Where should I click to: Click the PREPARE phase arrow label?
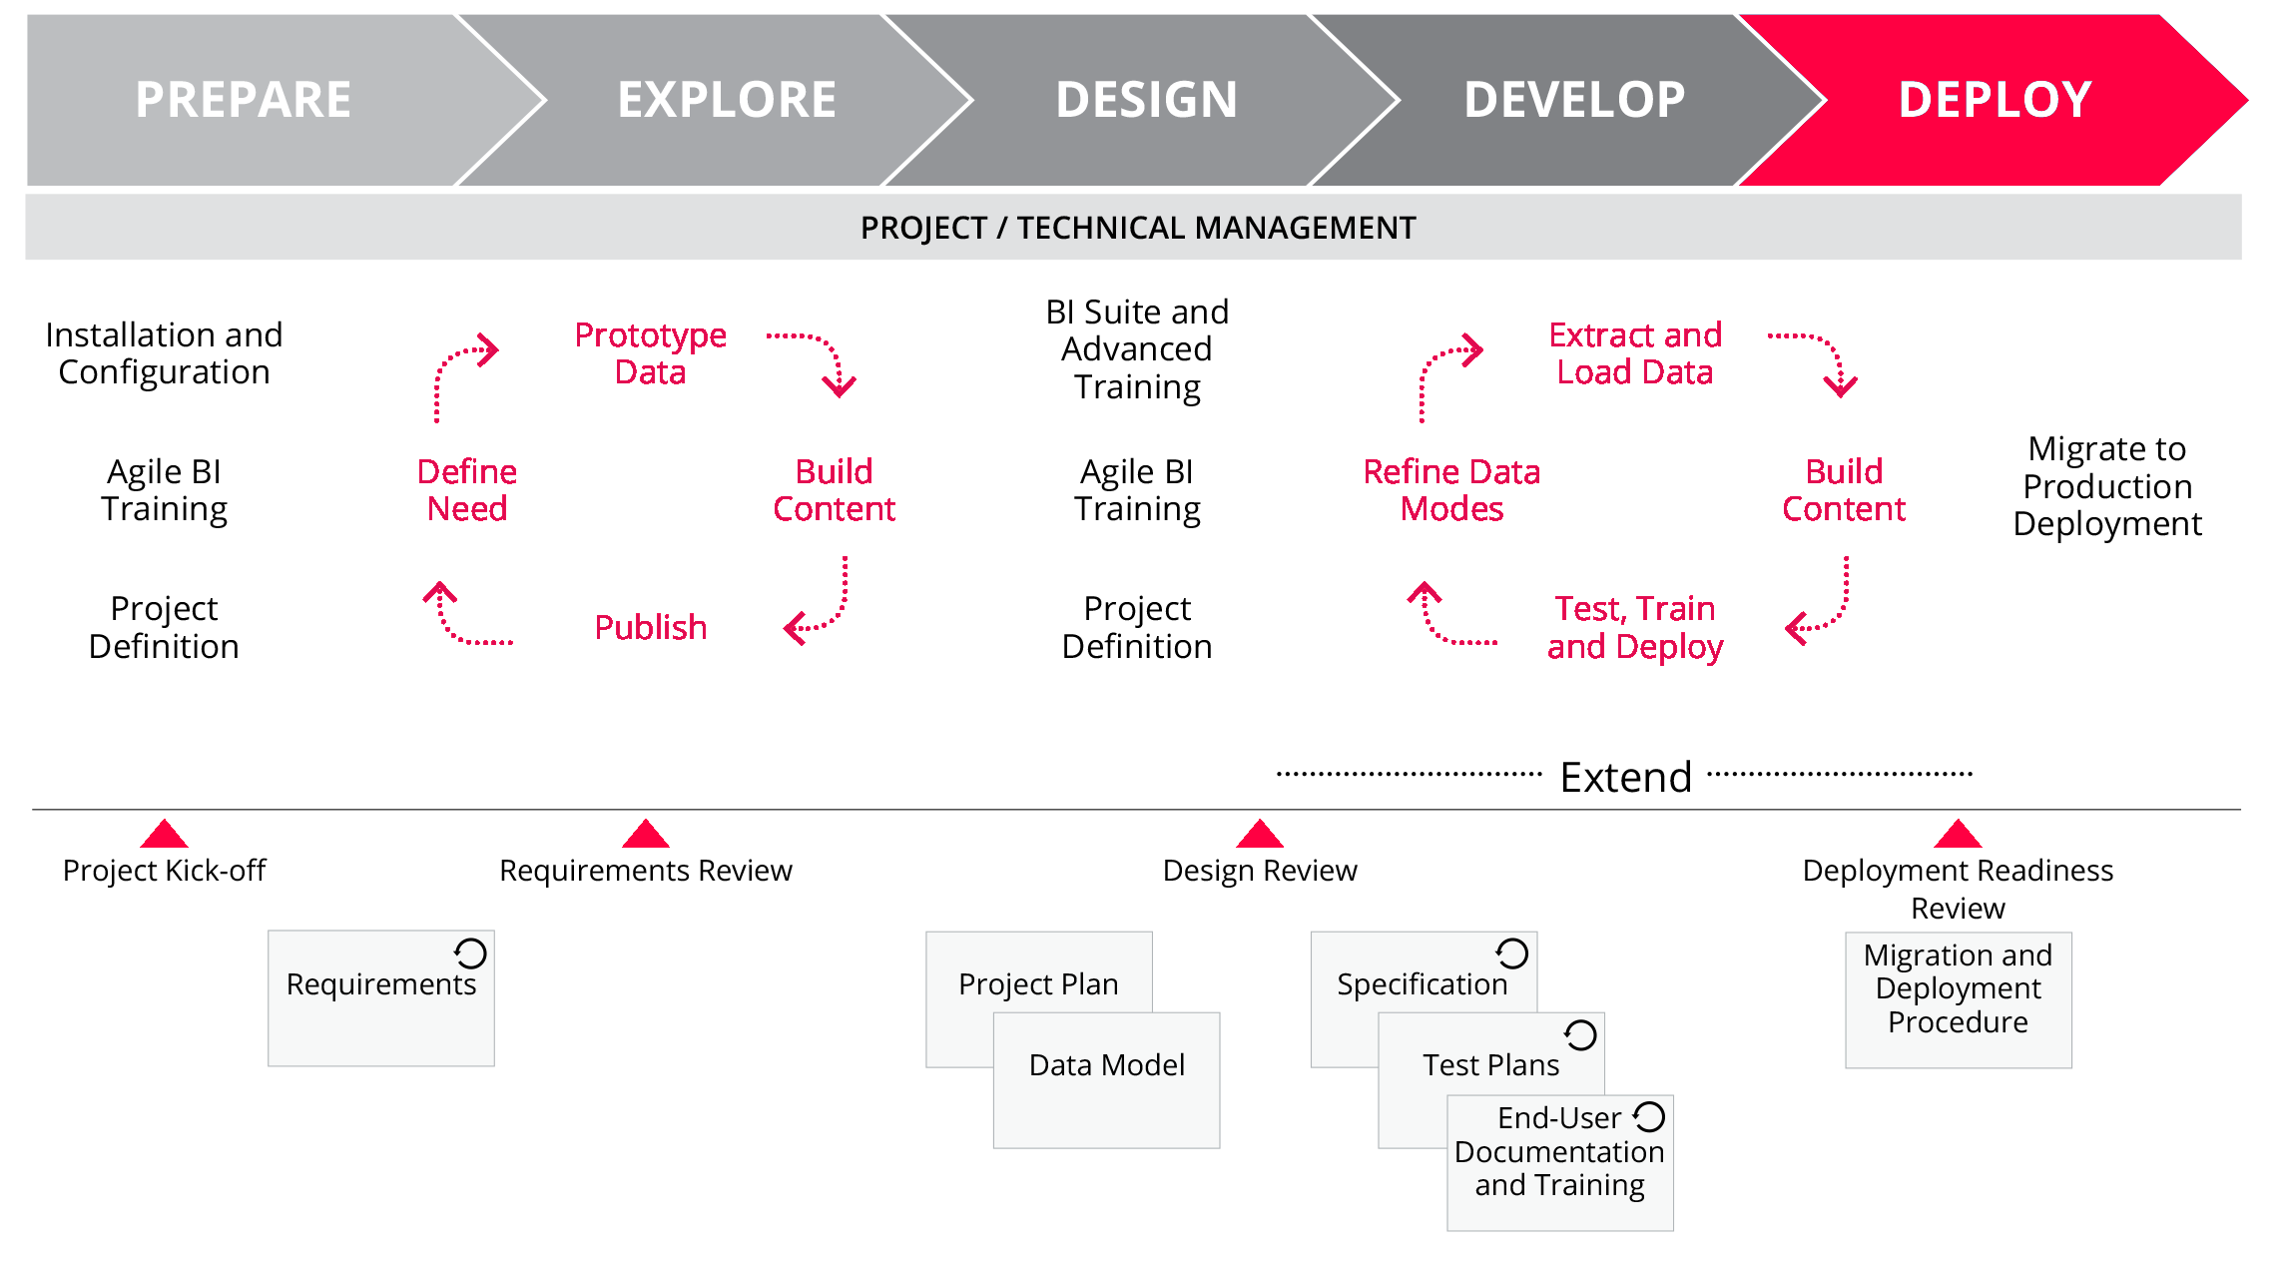coord(243,100)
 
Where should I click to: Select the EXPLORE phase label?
coord(727,100)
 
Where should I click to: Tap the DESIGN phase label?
coord(1146,100)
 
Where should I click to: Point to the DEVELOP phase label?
coord(1574,100)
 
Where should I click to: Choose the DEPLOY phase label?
coord(1995,100)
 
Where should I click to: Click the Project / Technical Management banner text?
coord(1138,228)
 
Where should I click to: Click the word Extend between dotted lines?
coord(1625,777)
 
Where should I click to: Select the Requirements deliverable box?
coord(380,998)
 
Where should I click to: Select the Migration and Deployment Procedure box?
coord(1958,998)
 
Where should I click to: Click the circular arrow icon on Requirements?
coord(470,953)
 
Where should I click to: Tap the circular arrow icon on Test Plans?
coord(1580,1035)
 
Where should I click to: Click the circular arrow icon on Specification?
coord(1511,953)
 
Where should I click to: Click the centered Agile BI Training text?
coord(1137,490)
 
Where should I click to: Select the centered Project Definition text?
coord(1137,627)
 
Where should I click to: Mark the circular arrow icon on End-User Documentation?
coord(1649,1116)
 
